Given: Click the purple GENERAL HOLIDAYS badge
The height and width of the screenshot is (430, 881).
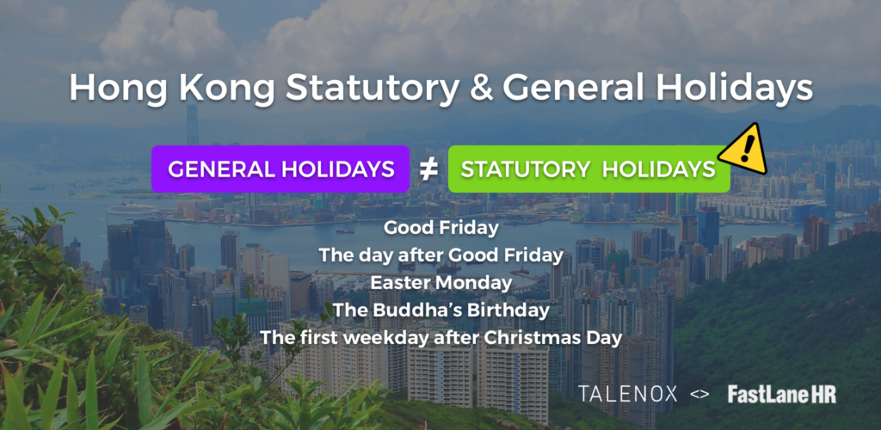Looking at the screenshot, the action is (280, 169).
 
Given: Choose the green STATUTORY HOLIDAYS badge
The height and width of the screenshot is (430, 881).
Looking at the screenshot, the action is (588, 169).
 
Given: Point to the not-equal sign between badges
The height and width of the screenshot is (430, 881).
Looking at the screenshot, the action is (428, 169).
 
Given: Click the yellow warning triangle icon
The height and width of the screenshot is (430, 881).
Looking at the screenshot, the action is (744, 150).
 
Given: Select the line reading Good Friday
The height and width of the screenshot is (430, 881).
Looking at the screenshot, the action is (441, 229).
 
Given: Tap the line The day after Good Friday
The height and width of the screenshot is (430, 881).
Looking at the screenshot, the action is (441, 256).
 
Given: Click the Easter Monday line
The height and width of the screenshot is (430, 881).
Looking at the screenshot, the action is (441, 283).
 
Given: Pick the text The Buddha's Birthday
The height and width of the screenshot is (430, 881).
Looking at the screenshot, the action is (441, 310).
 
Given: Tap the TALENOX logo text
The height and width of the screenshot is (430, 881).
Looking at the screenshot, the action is (627, 394).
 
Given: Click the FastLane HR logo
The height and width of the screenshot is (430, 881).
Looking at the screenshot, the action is (781, 394).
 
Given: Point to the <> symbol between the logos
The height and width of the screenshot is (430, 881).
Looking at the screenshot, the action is (699, 395).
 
